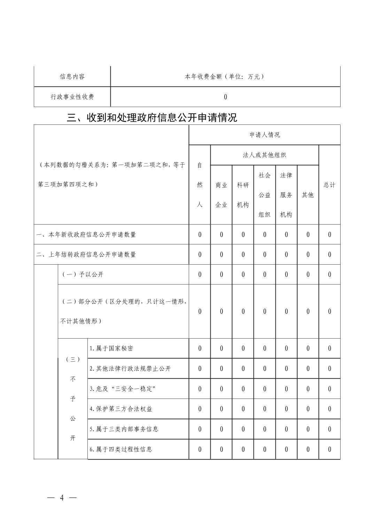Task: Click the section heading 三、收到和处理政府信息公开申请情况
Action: [x=152, y=118]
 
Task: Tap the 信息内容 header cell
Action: [x=72, y=76]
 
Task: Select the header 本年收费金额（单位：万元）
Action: [x=225, y=76]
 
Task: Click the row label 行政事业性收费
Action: [x=72, y=97]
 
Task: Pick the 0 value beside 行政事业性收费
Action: [x=225, y=97]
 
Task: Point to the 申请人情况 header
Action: [x=264, y=135]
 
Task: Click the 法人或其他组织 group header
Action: [x=264, y=155]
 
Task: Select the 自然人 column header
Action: [x=200, y=185]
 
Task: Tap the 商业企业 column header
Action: [x=221, y=195]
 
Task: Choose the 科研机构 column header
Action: [x=243, y=195]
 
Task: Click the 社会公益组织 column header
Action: [x=264, y=195]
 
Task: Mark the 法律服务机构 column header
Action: [x=286, y=195]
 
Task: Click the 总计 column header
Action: [x=329, y=185]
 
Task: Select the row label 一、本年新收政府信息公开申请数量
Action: [x=86, y=235]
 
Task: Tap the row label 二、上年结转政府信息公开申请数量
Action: [x=86, y=255]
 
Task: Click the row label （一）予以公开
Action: [x=83, y=274]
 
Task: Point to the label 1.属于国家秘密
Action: [x=111, y=348]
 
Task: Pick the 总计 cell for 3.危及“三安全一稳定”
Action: [x=329, y=389]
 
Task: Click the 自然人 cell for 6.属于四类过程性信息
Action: [x=200, y=449]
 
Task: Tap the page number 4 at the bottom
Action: [x=62, y=498]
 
